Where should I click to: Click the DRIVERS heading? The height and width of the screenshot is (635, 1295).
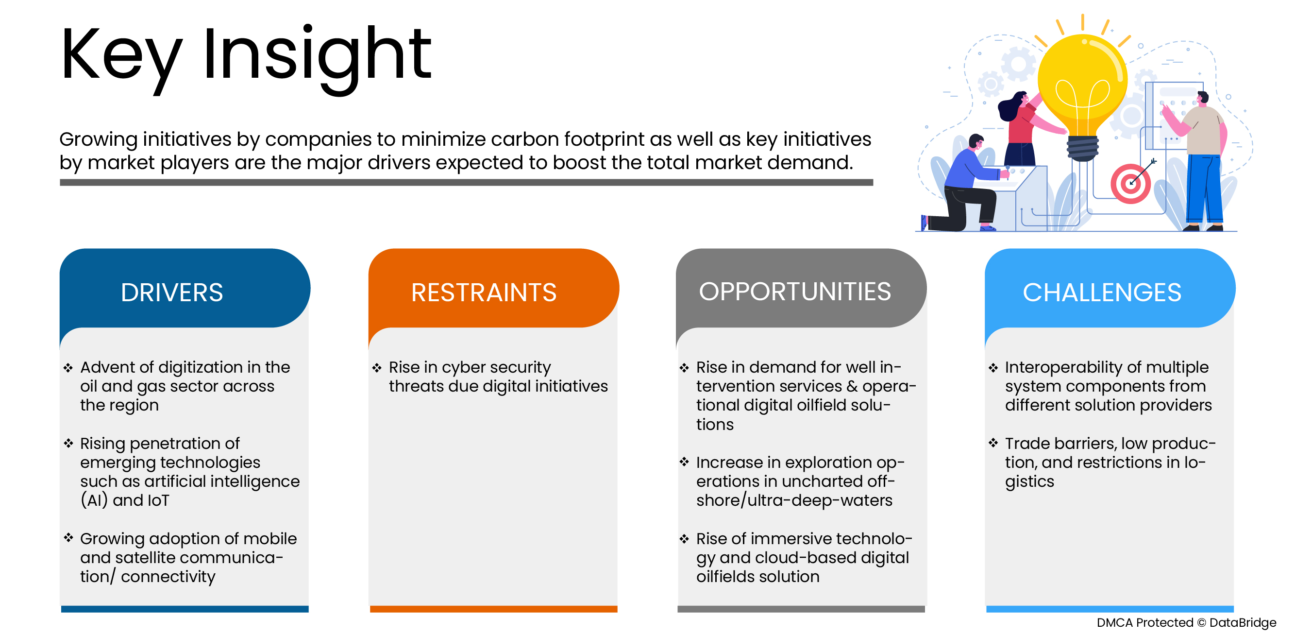pyautogui.click(x=171, y=292)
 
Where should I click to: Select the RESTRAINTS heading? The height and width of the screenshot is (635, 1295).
pyautogui.click(x=483, y=292)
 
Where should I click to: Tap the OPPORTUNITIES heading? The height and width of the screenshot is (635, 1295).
pyautogui.click(x=794, y=292)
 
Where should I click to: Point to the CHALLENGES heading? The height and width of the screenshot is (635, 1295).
pyautogui.click(x=1101, y=292)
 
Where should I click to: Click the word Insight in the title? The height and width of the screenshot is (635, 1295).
pyautogui.click(x=317, y=55)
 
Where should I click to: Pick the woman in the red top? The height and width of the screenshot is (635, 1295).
pyautogui.click(x=1021, y=126)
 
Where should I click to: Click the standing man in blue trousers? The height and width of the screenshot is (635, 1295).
pyautogui.click(x=1204, y=161)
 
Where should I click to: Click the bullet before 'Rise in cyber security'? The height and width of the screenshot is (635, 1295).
pyautogui.click(x=377, y=368)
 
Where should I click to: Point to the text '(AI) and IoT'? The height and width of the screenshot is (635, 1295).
pyautogui.click(x=125, y=500)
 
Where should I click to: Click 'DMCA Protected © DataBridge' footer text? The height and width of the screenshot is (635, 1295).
pyautogui.click(x=1186, y=622)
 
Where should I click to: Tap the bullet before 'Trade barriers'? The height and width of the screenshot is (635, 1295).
pyautogui.click(x=993, y=443)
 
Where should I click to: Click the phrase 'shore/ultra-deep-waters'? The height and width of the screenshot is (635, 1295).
pyautogui.click(x=794, y=500)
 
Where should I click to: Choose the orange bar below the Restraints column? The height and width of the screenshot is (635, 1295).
pyautogui.click(x=493, y=609)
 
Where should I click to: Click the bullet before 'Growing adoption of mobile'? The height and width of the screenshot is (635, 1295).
pyautogui.click(x=68, y=538)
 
